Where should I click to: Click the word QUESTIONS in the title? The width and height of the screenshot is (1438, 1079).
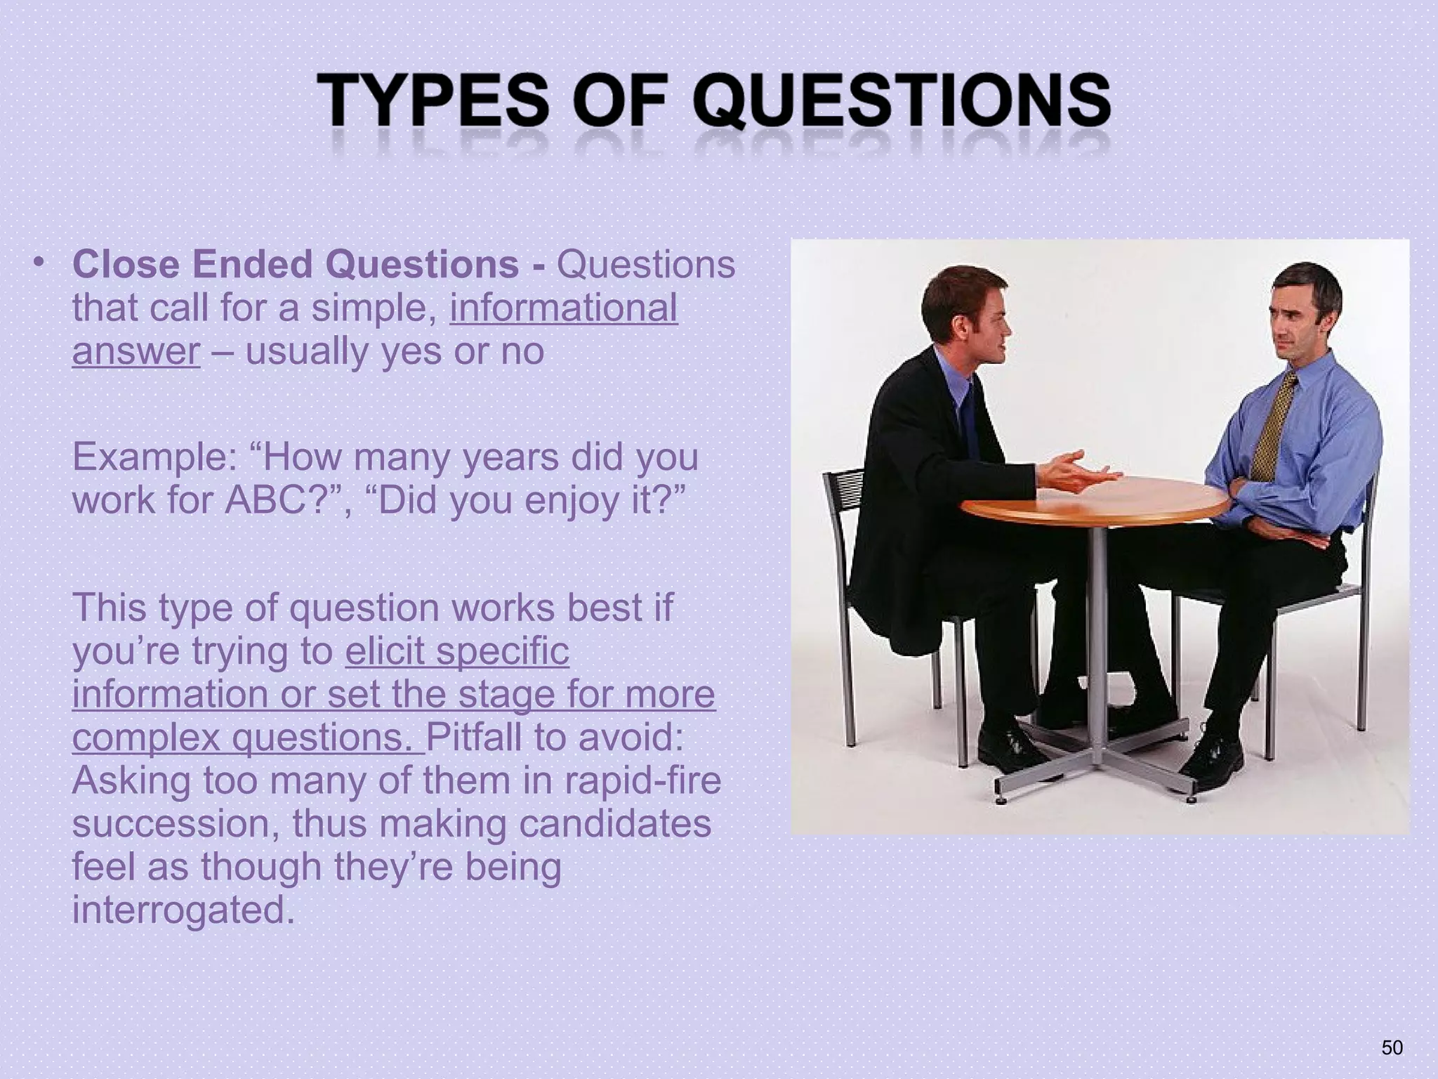pyautogui.click(x=902, y=104)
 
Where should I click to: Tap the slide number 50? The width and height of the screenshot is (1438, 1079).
pyautogui.click(x=1392, y=1047)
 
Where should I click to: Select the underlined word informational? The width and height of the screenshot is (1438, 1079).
pyautogui.click(x=564, y=308)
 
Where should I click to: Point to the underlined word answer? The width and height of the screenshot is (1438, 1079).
pyautogui.click(x=136, y=351)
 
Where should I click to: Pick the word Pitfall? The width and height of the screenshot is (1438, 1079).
pyautogui.click(x=474, y=737)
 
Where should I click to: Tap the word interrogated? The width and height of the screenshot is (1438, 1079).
pyautogui.click(x=183, y=910)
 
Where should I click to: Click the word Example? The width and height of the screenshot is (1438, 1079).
pyautogui.click(x=154, y=457)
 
